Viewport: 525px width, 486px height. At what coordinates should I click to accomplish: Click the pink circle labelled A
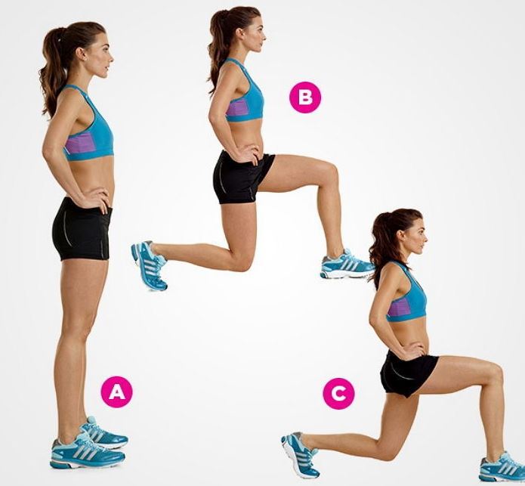click(x=117, y=392)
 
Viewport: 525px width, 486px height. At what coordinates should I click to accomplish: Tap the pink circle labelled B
click(x=305, y=98)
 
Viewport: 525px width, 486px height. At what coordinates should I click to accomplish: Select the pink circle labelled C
click(x=339, y=393)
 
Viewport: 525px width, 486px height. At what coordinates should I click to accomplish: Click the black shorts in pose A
click(x=82, y=230)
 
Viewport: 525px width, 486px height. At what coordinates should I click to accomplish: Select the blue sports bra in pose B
click(x=244, y=94)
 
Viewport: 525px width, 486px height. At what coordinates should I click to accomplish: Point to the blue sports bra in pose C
click(x=408, y=295)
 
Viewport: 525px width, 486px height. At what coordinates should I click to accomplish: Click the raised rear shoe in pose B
click(x=150, y=265)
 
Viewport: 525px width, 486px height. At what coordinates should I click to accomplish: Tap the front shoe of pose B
click(x=347, y=265)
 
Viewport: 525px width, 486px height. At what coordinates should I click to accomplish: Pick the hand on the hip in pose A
click(x=95, y=197)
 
